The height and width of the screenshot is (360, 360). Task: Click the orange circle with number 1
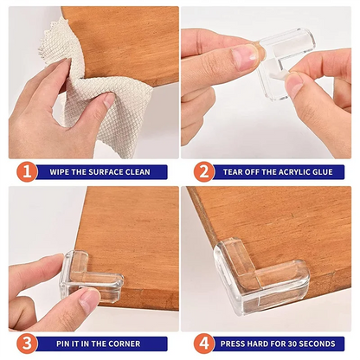[27, 171]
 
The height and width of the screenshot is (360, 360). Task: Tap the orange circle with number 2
[203, 171]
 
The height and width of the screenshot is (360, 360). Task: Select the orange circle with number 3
[27, 344]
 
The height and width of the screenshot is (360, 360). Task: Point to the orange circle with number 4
[203, 344]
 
